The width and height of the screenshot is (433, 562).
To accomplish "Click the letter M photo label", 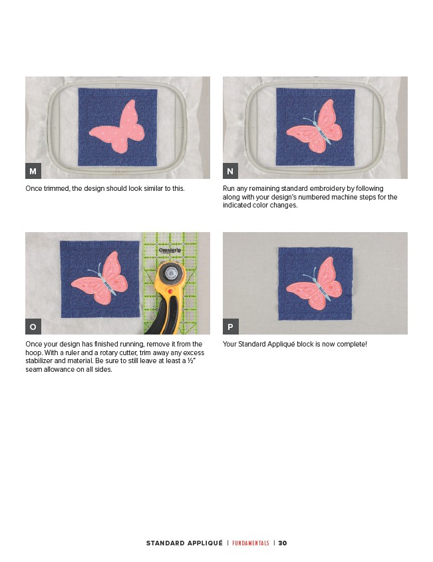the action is point(33,171).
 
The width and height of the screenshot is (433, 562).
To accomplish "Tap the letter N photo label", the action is point(231,171).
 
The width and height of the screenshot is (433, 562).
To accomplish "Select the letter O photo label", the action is point(33,327).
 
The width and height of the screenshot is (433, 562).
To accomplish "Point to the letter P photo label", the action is point(231,327).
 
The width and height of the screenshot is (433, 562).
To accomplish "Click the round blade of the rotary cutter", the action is point(171,273).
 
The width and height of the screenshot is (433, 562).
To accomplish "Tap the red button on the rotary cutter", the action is point(170,291).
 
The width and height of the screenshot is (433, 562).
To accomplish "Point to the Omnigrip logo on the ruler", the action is point(170,250).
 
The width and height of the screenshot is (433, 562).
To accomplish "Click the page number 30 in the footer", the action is point(283,543).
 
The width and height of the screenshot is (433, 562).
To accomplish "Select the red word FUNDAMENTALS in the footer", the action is point(251,543).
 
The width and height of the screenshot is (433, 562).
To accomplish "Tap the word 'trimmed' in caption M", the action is point(57,188).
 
